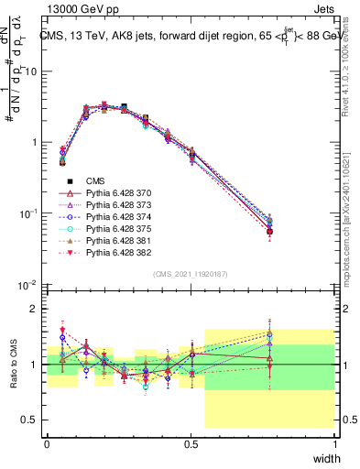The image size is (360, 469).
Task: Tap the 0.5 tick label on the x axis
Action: coord(191,443)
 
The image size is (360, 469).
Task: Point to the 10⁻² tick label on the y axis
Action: coord(29,285)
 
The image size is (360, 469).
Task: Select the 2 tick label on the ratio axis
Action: coord(35,309)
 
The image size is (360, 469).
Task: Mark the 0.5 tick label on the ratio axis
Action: coord(30,420)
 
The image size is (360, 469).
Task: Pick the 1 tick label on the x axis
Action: coord(335,443)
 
